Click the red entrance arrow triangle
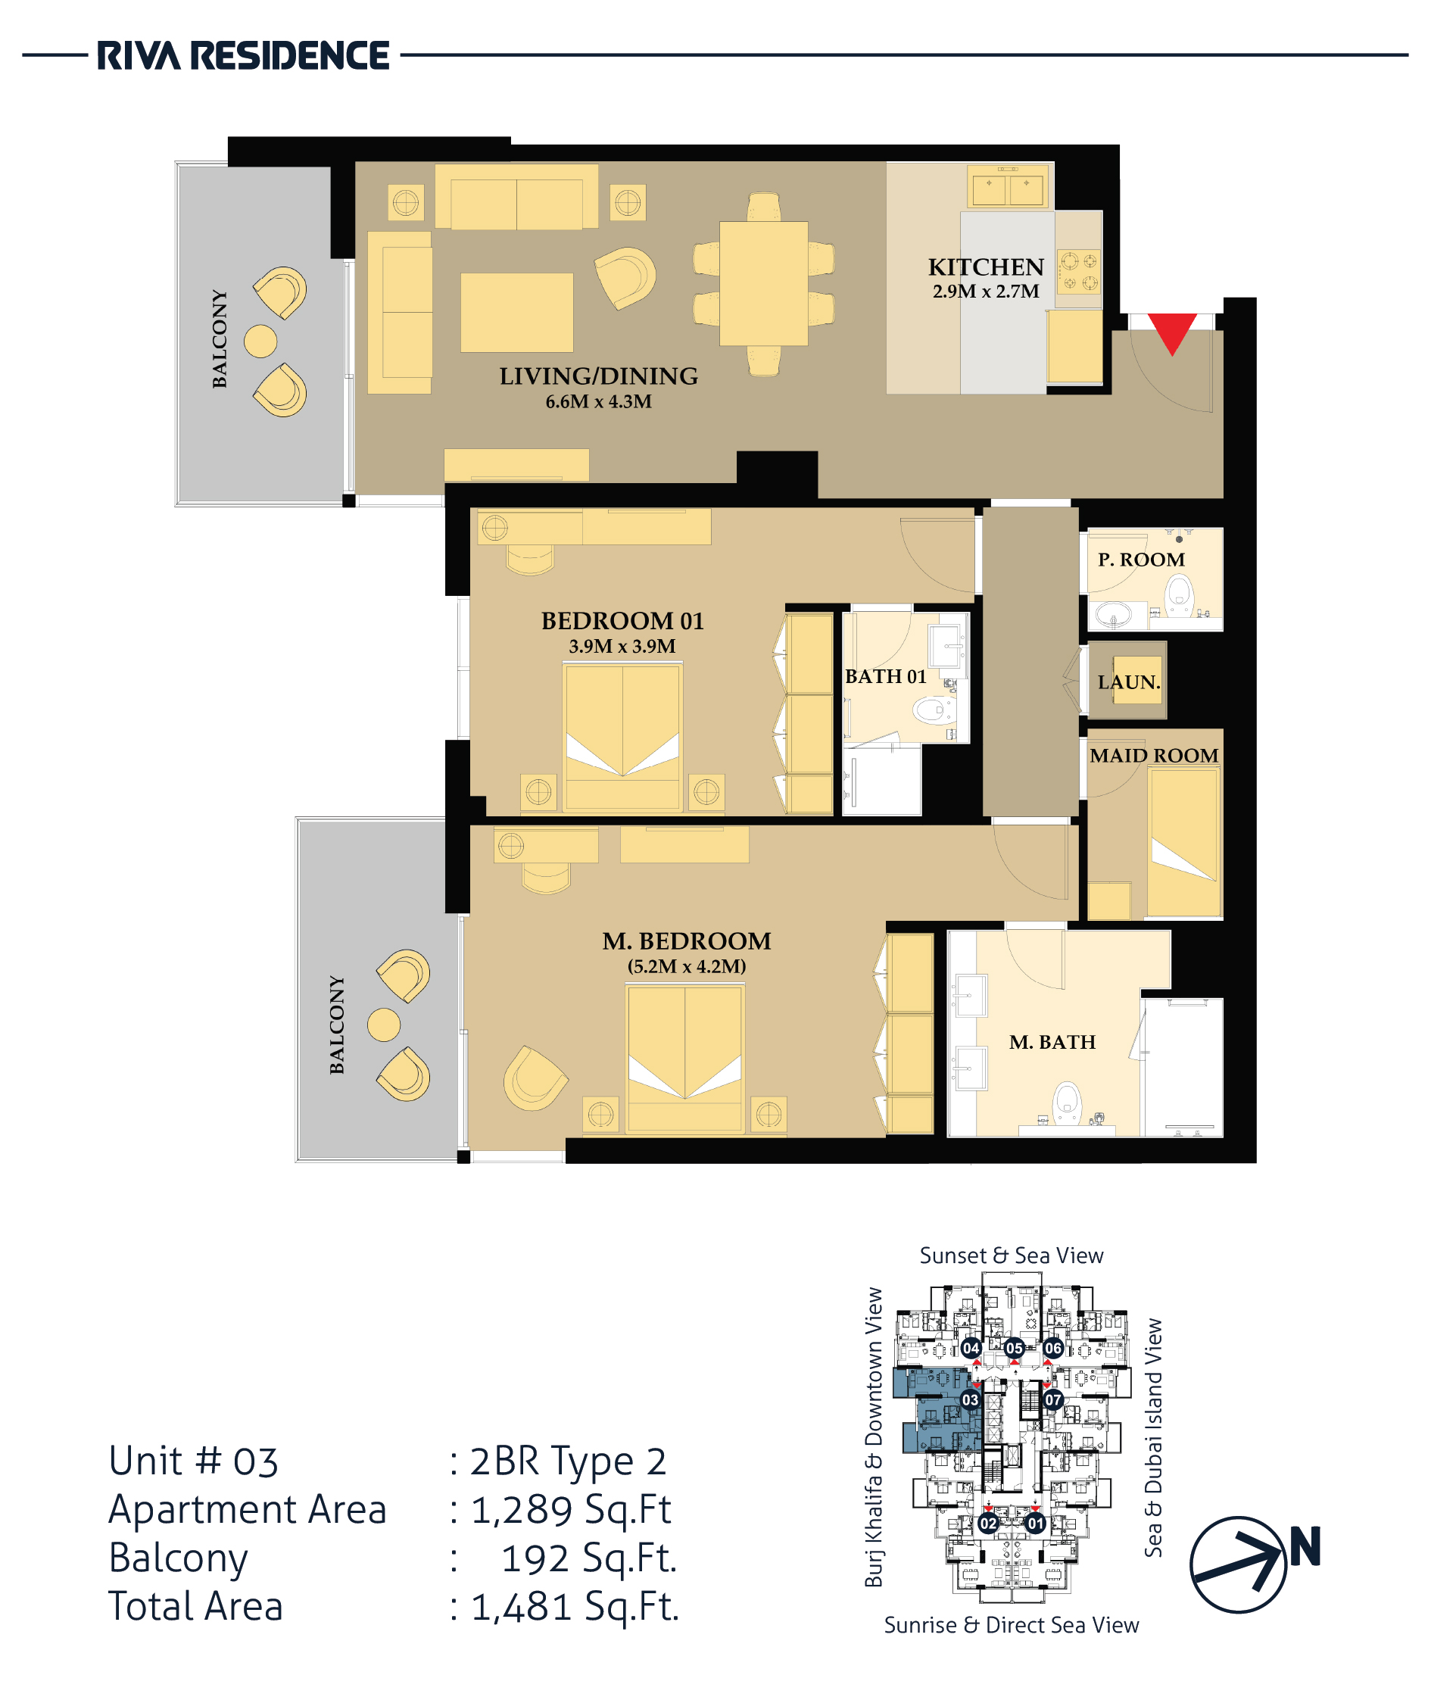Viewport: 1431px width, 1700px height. coord(1172,331)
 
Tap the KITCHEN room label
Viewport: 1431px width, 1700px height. coord(986,267)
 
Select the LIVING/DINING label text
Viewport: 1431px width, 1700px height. coord(599,376)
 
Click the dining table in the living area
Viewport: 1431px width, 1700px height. coord(763,283)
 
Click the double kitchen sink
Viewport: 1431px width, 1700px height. coord(1009,186)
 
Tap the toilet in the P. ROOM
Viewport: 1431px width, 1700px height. coord(1179,597)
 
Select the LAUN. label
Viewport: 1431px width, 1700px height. coord(1129,682)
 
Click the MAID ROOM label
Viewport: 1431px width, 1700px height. coord(1154,756)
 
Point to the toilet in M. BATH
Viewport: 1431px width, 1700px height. coord(1068,1103)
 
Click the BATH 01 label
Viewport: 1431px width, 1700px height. coord(885,676)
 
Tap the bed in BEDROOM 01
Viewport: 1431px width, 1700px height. coord(623,736)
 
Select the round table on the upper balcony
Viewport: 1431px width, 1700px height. coord(260,341)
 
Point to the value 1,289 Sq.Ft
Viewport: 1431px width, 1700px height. coord(572,1509)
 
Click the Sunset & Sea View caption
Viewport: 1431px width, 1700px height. coord(1012,1256)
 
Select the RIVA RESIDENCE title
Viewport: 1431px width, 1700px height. coord(243,56)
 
